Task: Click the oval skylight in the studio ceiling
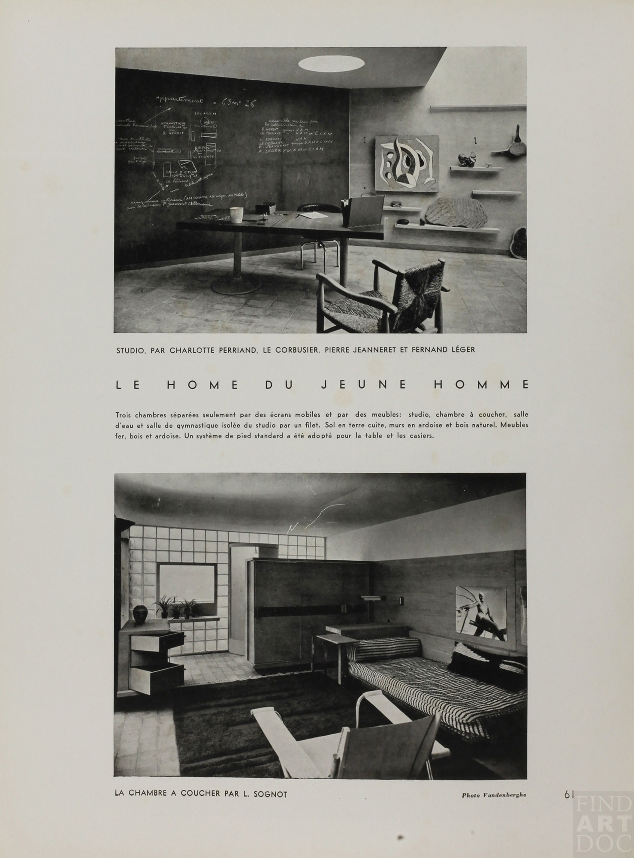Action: coord(329,64)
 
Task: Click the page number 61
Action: coord(569,795)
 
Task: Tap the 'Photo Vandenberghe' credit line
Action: coord(494,795)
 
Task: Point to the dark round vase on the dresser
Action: coord(140,613)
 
